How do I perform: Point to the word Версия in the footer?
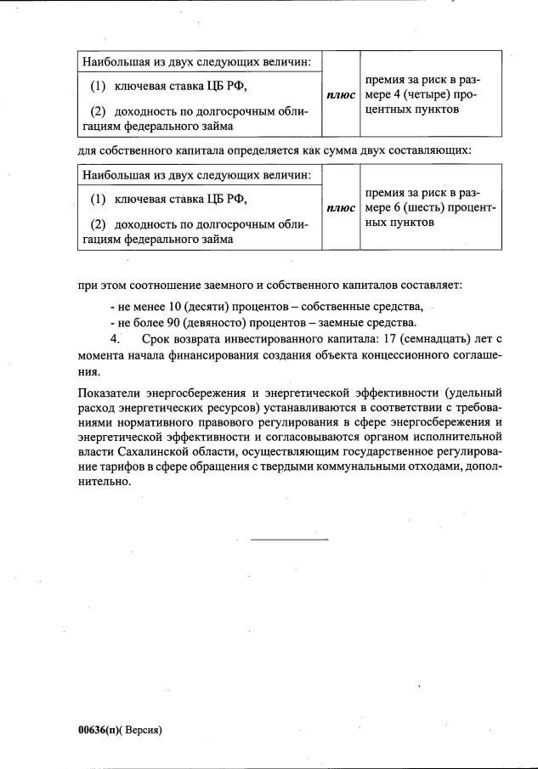point(141,730)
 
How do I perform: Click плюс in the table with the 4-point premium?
point(341,94)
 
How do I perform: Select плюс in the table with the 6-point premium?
point(341,207)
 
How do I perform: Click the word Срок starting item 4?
point(159,340)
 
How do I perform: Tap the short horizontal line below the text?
point(289,539)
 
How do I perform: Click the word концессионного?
point(386,356)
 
